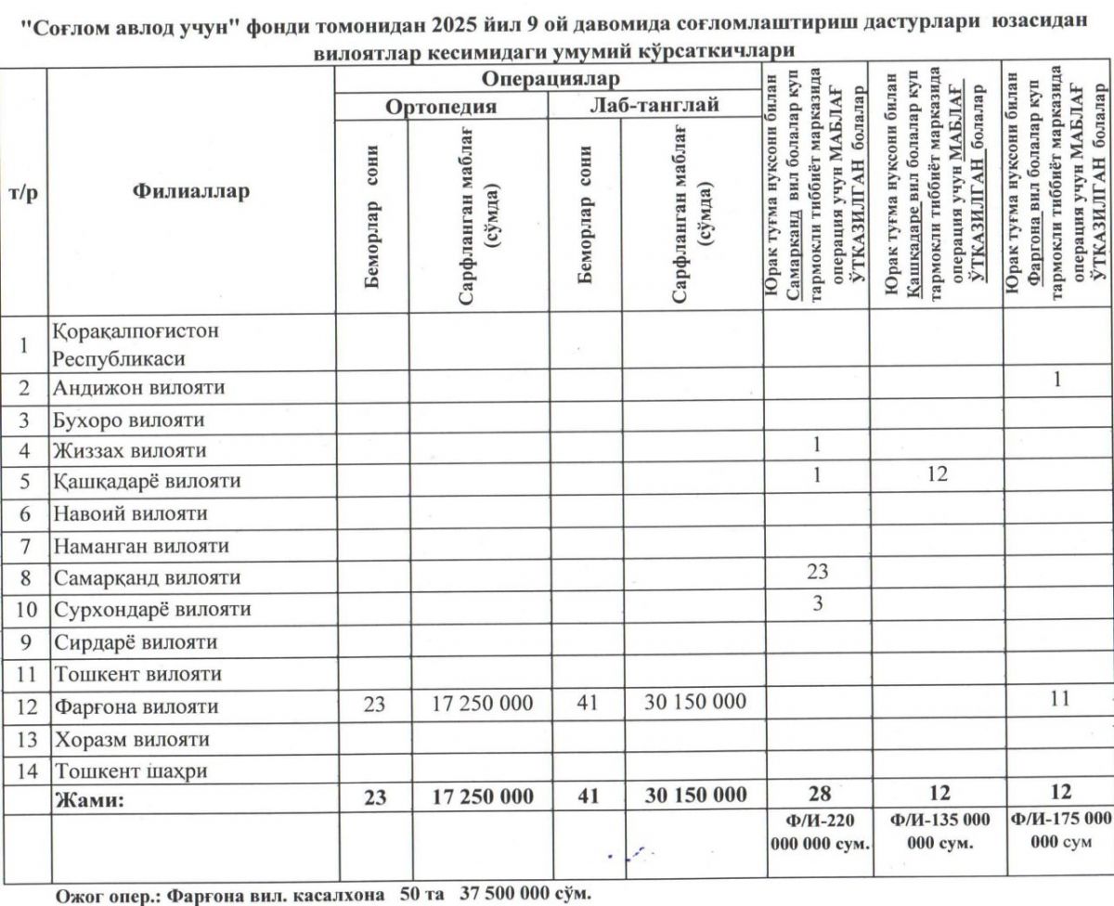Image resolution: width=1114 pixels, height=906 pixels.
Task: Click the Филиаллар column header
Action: [x=191, y=192]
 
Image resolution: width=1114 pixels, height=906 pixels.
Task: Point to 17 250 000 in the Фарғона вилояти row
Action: [x=482, y=705]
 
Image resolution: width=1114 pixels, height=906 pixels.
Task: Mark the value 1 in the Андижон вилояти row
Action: [x=1057, y=381]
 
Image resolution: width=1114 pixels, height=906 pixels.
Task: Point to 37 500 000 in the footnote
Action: [x=507, y=896]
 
